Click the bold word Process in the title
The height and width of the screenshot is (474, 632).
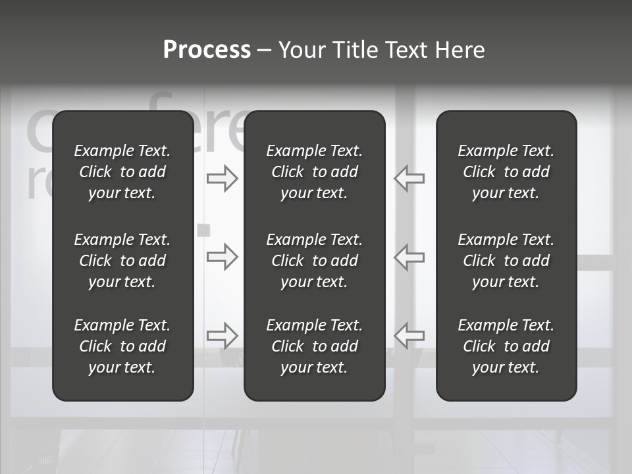(x=207, y=50)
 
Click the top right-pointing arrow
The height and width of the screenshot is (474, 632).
(x=222, y=178)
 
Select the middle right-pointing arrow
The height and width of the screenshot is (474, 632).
(x=222, y=257)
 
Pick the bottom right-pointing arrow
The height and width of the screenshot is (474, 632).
(x=222, y=336)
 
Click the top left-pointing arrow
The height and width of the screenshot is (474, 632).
(x=409, y=178)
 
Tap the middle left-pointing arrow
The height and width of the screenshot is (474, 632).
(x=409, y=257)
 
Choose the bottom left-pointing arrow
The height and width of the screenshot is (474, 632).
(x=409, y=336)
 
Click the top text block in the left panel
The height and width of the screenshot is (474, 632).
(x=122, y=172)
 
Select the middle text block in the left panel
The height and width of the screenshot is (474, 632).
(x=122, y=261)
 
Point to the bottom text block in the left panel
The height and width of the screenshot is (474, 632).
(x=122, y=346)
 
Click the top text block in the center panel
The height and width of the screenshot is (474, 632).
(x=315, y=172)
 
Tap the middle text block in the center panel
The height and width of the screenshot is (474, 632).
(x=315, y=261)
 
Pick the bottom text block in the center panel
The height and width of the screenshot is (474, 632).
(x=315, y=346)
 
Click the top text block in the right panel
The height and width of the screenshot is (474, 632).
(x=506, y=172)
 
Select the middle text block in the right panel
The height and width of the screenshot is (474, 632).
(x=506, y=261)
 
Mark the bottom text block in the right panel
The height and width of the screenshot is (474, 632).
(x=506, y=346)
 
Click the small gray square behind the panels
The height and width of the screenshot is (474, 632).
(x=204, y=230)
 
